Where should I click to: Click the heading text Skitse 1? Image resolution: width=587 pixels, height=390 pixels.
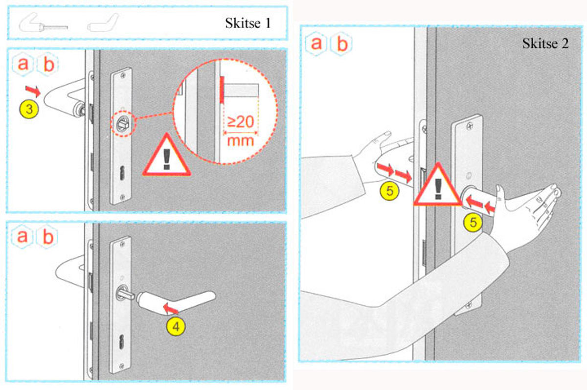(x=248, y=23)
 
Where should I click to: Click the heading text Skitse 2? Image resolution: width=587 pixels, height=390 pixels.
(x=545, y=43)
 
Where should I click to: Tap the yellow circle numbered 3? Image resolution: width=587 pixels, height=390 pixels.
(x=29, y=109)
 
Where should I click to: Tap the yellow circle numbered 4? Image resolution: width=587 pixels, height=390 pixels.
(x=176, y=326)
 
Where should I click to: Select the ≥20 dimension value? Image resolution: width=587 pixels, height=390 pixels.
(x=241, y=122)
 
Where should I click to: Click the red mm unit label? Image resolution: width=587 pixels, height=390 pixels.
(x=240, y=141)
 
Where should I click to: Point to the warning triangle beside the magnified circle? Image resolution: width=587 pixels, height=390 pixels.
(x=167, y=155)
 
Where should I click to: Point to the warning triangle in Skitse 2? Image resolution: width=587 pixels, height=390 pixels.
(x=438, y=184)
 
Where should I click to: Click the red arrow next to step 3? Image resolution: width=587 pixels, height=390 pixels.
(x=33, y=91)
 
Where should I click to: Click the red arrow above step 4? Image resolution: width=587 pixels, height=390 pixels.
(x=171, y=309)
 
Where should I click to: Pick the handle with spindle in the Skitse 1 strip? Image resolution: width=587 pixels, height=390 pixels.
(x=43, y=23)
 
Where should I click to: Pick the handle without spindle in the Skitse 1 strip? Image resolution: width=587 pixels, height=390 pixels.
(x=103, y=23)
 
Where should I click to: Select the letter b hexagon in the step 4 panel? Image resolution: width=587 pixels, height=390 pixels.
(x=47, y=236)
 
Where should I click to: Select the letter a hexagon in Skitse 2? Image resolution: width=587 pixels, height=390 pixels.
(x=316, y=44)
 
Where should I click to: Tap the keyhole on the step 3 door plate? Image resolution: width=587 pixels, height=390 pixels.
(x=122, y=173)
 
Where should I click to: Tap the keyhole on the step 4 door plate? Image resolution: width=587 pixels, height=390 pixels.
(x=122, y=342)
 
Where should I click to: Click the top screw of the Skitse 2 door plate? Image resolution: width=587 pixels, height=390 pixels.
(x=469, y=127)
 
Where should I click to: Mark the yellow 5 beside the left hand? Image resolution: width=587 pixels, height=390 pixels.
(x=389, y=191)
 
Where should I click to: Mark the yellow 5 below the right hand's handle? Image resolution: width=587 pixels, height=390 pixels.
(x=473, y=223)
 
